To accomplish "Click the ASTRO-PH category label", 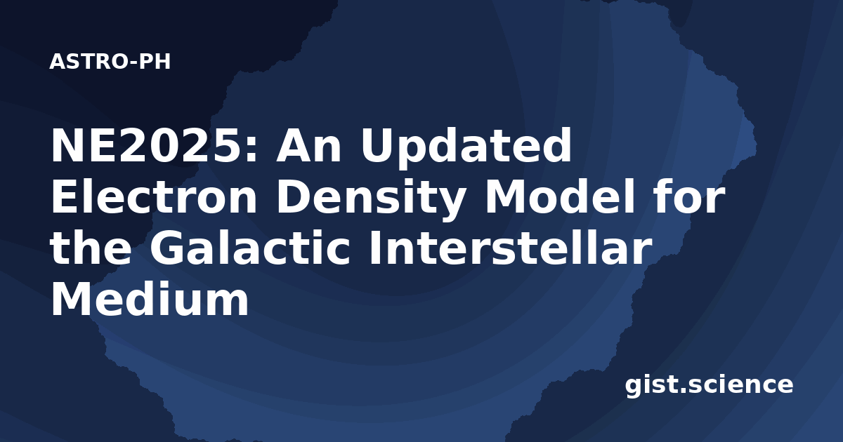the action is [110, 62].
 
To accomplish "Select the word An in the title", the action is [308, 145].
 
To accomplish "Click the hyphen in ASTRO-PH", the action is [133, 63].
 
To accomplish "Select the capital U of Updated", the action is [377, 146].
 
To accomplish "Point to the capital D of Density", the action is [293, 196].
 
